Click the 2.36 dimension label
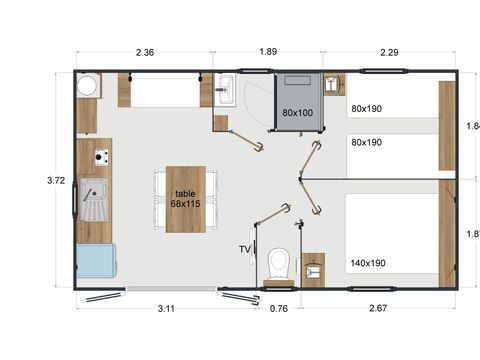[143, 53]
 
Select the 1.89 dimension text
[269, 53]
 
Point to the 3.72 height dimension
[56, 180]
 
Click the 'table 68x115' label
[185, 198]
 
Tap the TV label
[244, 249]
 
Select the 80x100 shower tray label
[297, 113]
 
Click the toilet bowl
[279, 264]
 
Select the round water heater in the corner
[87, 85]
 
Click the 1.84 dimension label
[472, 126]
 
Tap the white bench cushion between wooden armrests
[166, 93]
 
